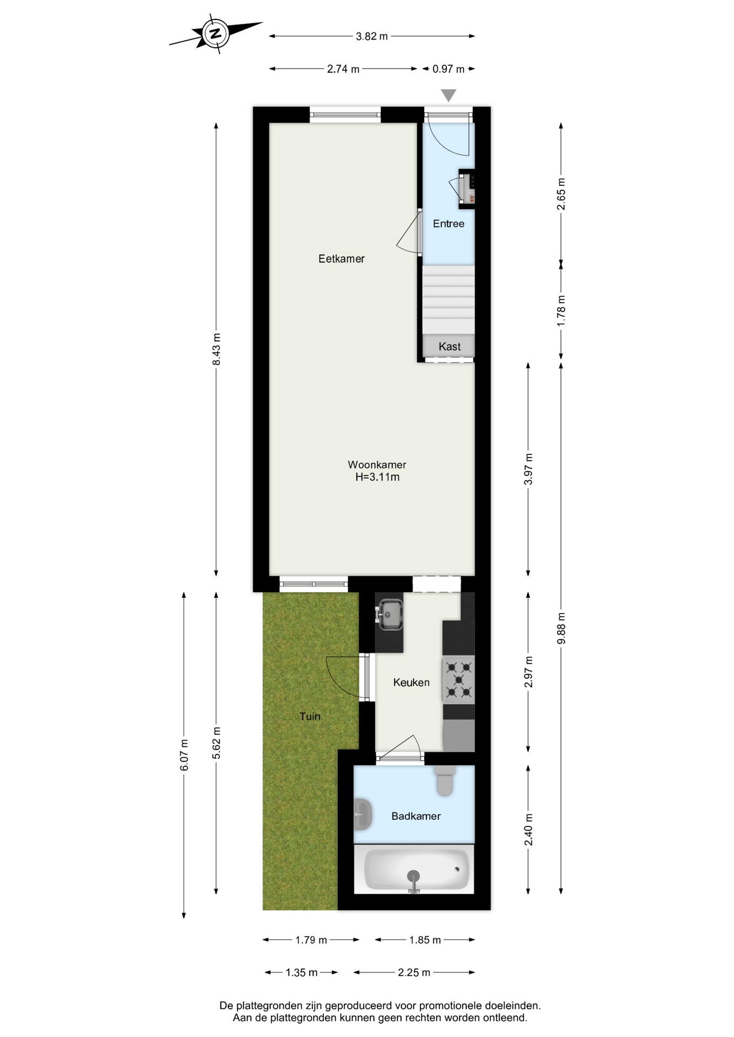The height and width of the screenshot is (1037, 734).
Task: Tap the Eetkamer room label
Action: [342, 259]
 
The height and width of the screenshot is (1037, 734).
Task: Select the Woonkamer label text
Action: [377, 464]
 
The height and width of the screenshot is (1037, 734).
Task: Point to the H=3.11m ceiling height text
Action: [377, 477]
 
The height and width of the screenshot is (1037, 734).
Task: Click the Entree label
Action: [449, 224]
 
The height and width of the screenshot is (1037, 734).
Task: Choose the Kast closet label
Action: [450, 347]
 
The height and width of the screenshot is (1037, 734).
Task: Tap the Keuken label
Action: [411, 683]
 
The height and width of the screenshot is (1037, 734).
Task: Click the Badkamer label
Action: [416, 816]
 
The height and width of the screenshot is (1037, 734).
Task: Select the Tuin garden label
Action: [310, 717]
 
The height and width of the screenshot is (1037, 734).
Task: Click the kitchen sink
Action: [390, 615]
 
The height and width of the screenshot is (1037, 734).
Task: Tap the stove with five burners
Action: [458, 679]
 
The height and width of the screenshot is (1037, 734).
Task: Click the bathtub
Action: [415, 869]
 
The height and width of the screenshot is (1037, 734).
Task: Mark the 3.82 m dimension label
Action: [372, 37]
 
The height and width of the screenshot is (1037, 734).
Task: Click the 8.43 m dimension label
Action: [217, 349]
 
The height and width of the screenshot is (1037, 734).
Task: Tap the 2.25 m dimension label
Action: [414, 973]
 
